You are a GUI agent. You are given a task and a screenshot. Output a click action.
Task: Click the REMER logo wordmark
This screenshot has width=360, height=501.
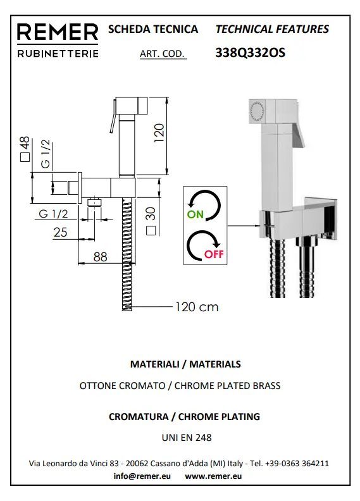click(58, 32)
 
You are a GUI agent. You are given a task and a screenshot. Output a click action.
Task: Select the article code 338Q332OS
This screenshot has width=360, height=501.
click(250, 53)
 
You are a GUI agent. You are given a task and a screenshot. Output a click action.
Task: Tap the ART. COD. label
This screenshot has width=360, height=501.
click(163, 53)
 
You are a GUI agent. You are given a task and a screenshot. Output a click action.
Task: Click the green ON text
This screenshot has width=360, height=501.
click(195, 214)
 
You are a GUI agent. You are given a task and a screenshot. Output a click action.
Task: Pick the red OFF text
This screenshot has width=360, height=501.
click(214, 254)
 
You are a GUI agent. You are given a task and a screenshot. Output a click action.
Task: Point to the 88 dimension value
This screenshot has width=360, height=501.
click(101, 257)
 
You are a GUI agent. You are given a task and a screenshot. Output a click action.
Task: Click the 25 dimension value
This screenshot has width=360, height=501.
click(60, 232)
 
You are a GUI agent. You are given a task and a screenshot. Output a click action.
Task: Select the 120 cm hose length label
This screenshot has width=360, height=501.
click(197, 307)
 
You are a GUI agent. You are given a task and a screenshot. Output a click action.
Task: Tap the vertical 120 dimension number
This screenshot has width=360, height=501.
click(159, 133)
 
